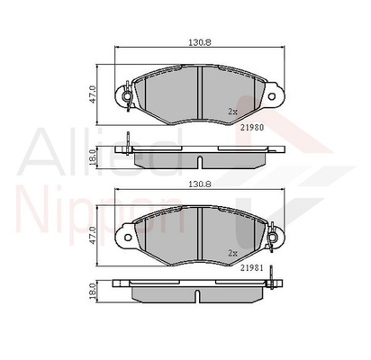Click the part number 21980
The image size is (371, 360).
(252, 128)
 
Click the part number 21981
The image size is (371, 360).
(252, 268)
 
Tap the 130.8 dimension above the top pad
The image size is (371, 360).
(200, 42)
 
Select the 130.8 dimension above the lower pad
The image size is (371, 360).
(200, 184)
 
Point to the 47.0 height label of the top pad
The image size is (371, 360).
(93, 94)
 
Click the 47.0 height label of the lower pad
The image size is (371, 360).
(93, 236)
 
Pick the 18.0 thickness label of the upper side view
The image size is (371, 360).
(93, 158)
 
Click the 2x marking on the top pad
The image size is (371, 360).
(232, 112)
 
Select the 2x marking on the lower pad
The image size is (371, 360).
(232, 253)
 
